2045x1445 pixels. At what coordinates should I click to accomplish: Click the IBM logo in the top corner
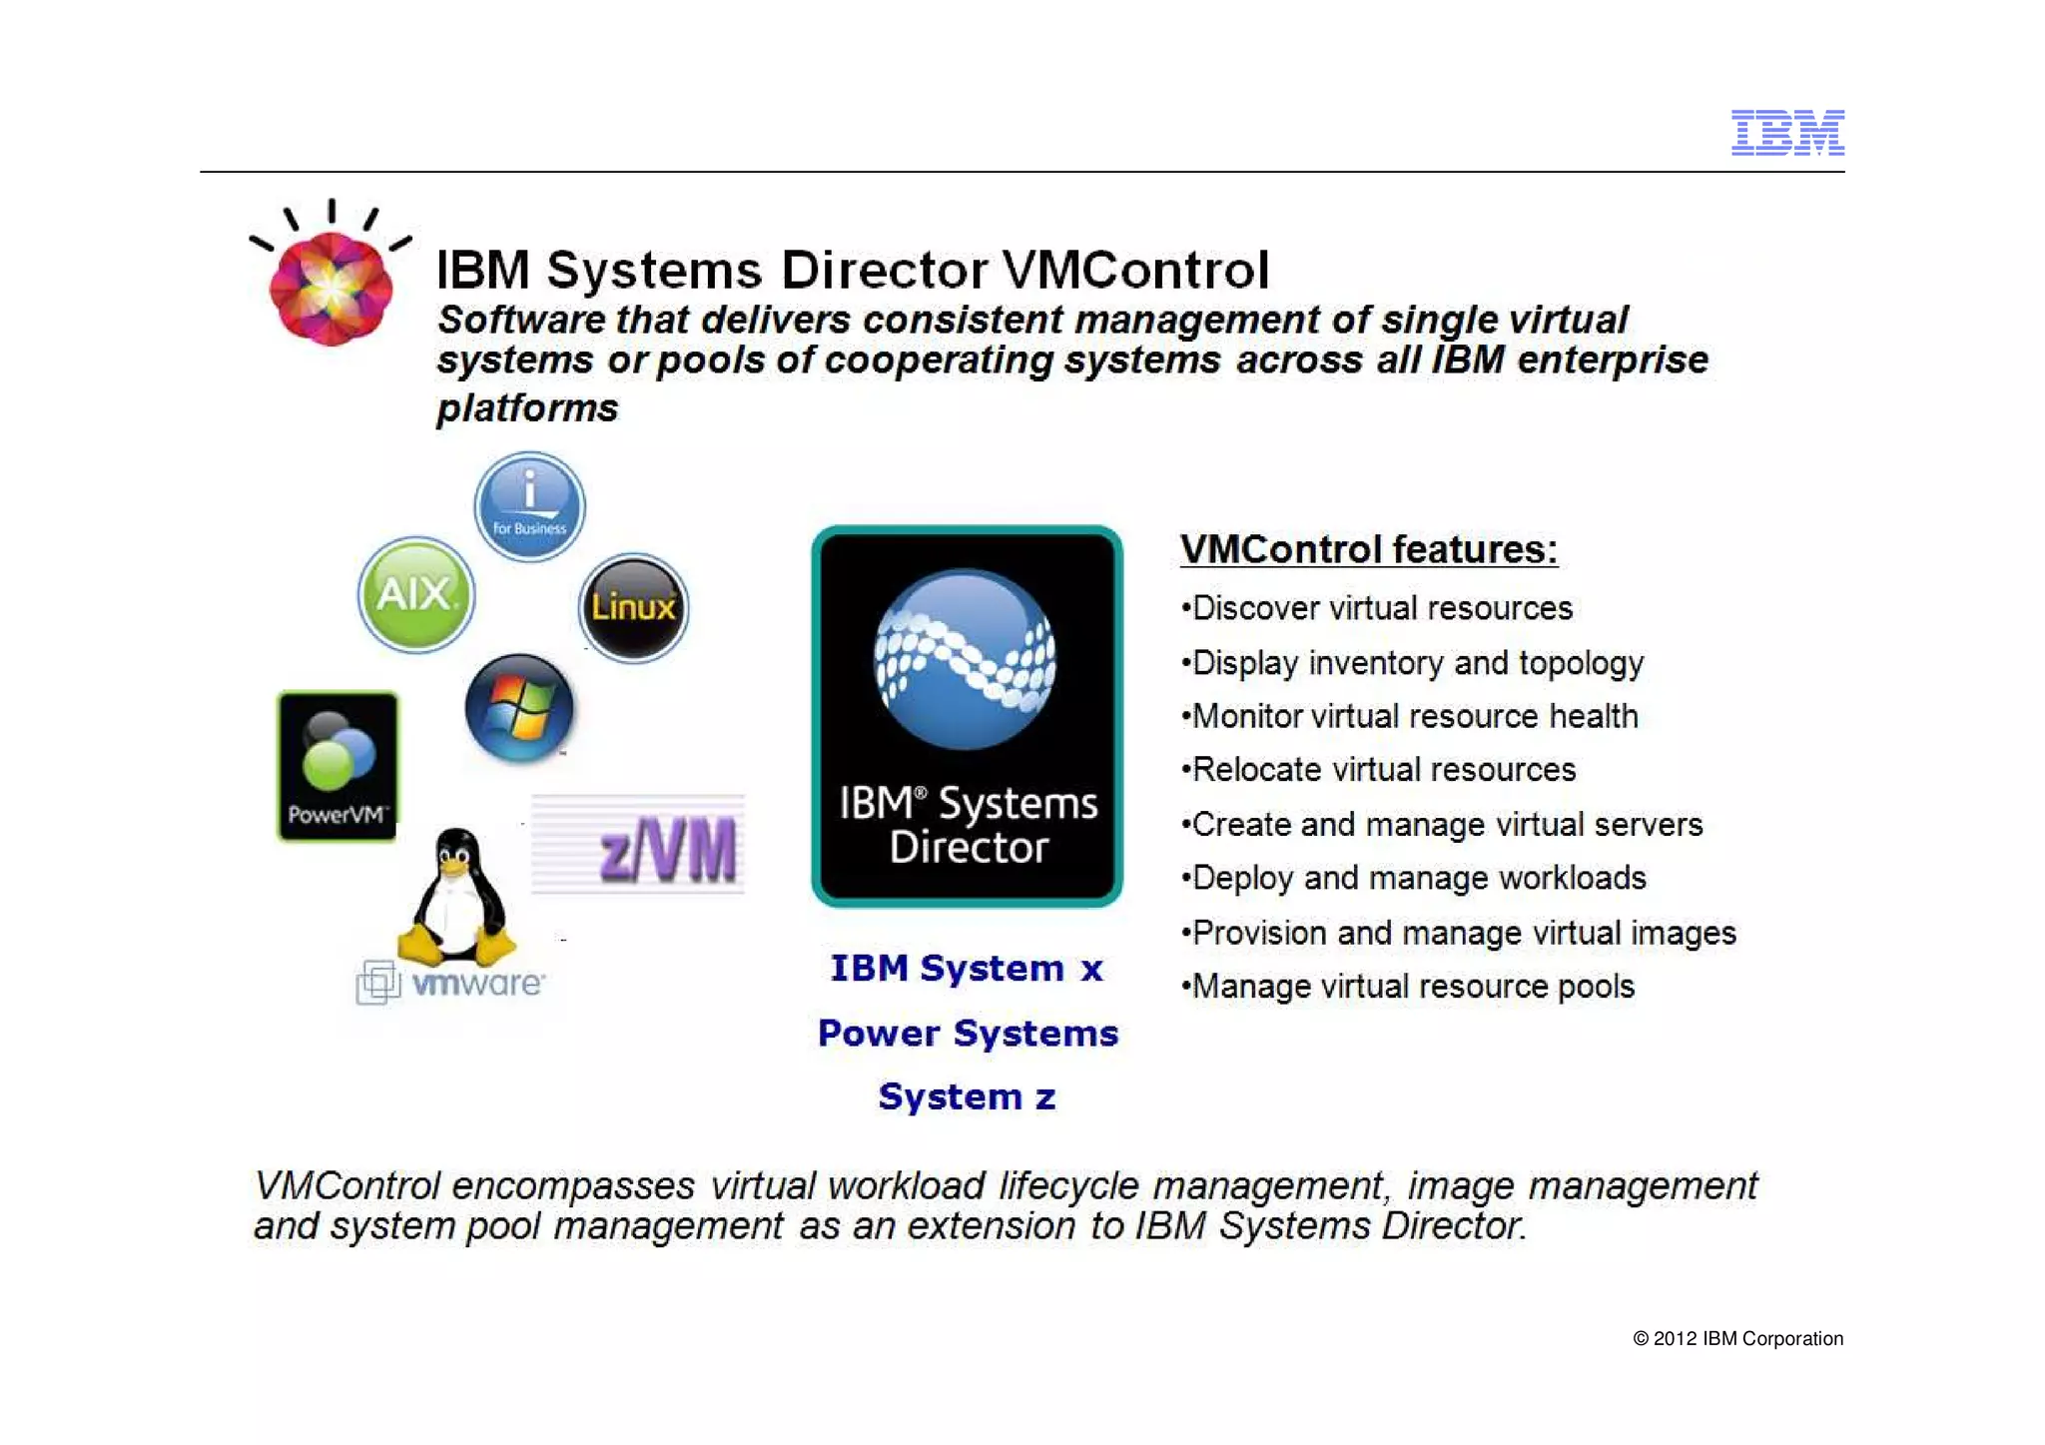(1786, 133)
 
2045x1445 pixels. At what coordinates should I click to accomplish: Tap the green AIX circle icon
(416, 595)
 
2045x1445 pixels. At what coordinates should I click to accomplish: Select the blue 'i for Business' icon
(529, 506)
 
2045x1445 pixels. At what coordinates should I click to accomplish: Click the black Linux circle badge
(633, 607)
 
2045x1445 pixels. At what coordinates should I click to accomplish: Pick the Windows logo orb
(519, 708)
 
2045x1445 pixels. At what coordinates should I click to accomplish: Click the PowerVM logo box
(338, 766)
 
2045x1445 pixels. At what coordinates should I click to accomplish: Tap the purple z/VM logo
(667, 850)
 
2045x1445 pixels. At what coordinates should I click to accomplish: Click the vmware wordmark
(477, 984)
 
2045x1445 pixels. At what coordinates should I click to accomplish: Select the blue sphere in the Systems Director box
(965, 659)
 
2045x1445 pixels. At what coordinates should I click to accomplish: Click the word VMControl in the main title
(1135, 270)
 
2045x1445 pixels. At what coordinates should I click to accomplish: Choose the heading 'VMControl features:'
(1368, 549)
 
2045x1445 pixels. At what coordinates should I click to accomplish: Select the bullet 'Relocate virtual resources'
(1383, 770)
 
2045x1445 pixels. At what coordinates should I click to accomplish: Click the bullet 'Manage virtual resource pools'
(1412, 987)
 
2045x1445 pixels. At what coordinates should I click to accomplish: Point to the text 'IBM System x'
(967, 969)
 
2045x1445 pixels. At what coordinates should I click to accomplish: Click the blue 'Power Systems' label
(968, 1034)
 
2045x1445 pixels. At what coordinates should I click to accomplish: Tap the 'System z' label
(967, 1097)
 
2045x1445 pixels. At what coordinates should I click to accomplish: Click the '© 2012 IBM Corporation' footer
(1737, 1339)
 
